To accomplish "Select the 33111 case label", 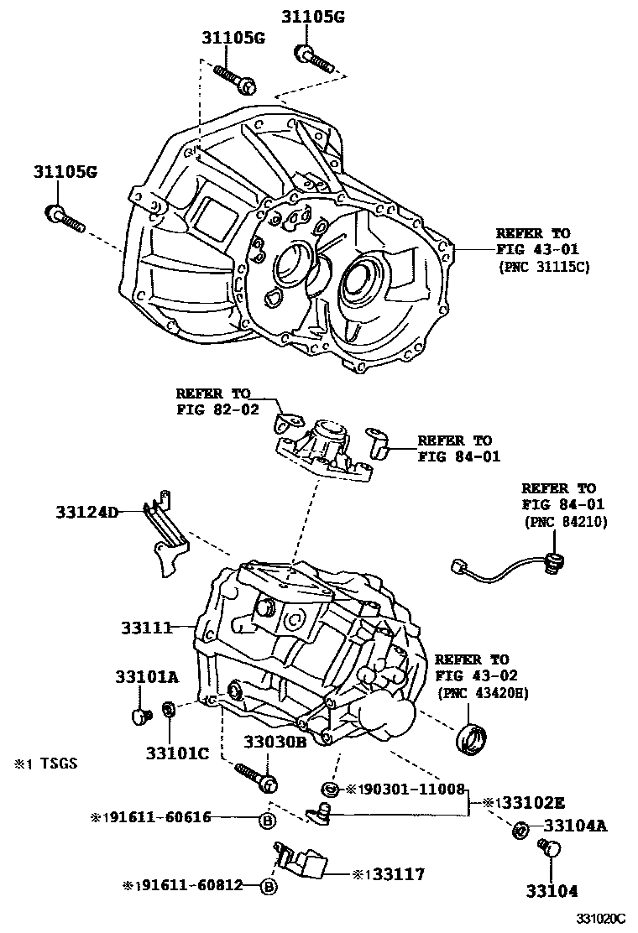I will (146, 627).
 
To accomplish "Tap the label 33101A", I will (146, 677).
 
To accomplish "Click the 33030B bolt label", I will (275, 742).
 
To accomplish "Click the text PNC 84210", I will (565, 522).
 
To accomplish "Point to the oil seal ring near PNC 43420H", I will (473, 739).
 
